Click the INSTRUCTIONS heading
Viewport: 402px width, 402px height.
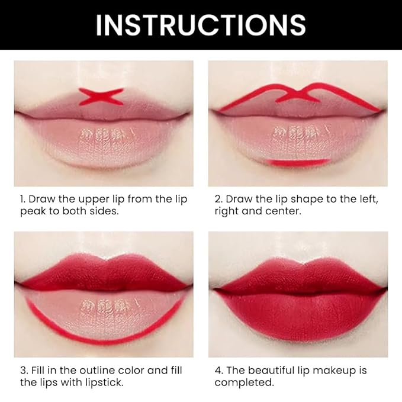click(201, 25)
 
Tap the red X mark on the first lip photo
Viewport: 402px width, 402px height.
click(101, 96)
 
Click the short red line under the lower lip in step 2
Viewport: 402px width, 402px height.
click(297, 162)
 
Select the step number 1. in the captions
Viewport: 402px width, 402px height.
click(22, 200)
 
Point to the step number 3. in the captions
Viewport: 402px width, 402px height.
click(23, 371)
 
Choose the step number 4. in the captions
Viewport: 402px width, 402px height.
click(218, 371)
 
